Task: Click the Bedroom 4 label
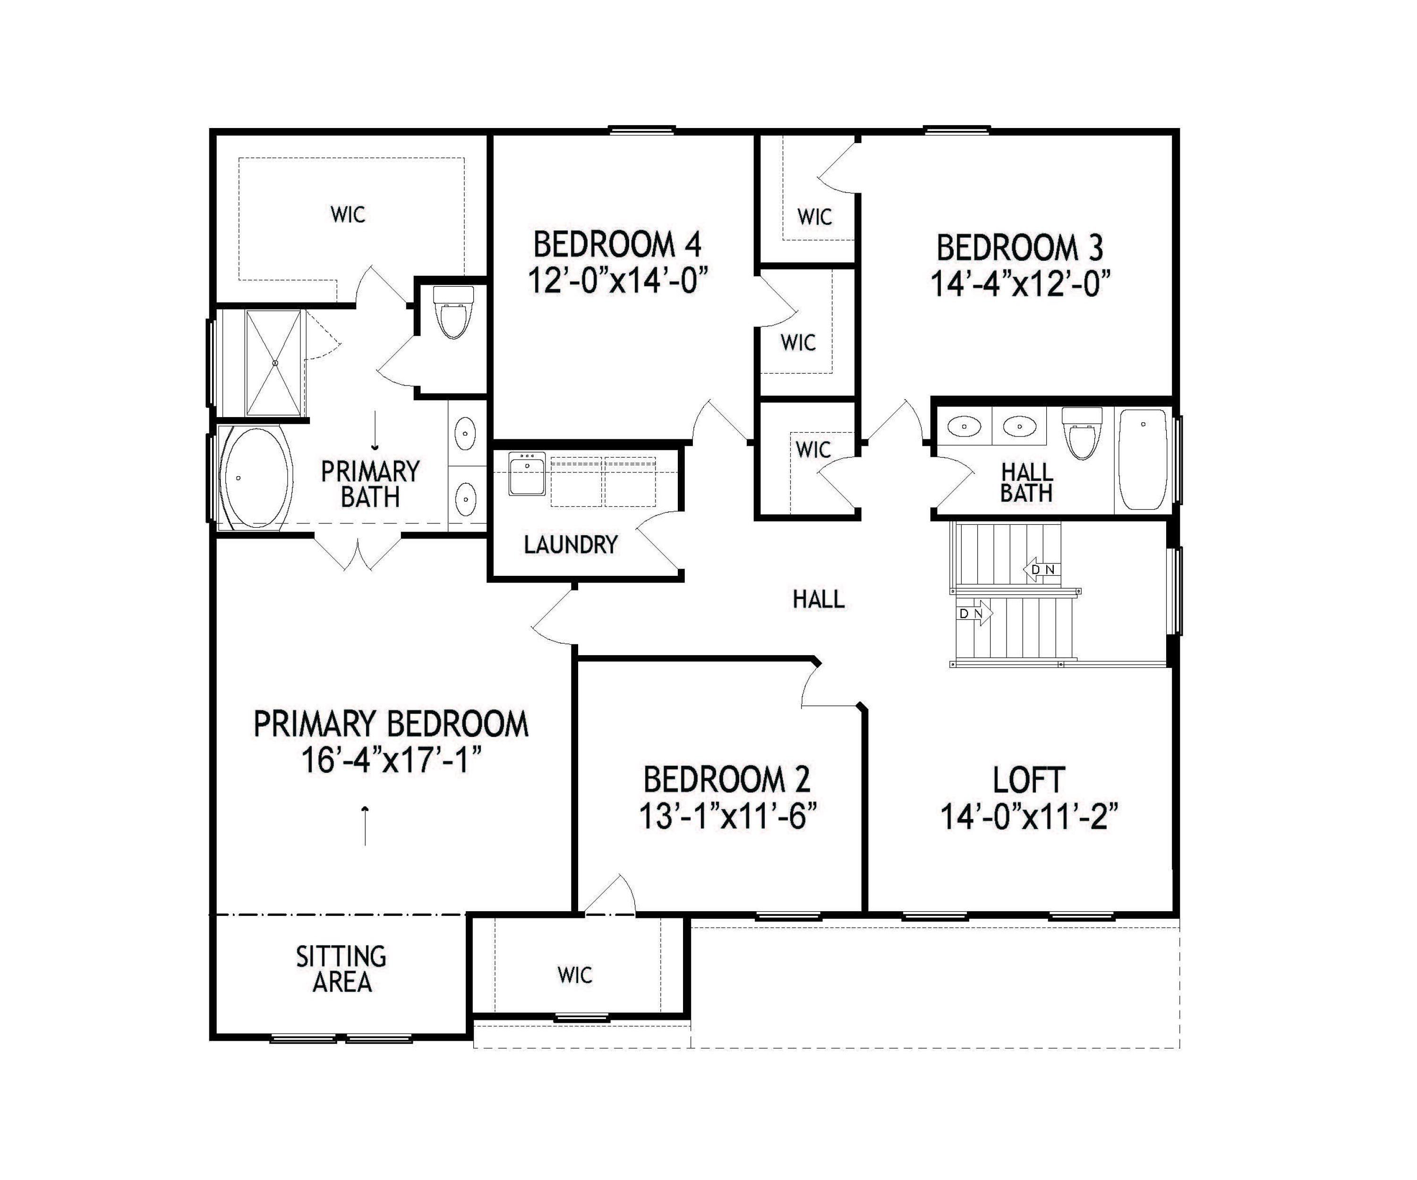(x=617, y=244)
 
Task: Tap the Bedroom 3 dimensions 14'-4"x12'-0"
(x=1020, y=284)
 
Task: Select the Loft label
(x=1028, y=780)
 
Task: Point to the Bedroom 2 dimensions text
(x=727, y=817)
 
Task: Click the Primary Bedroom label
(x=391, y=725)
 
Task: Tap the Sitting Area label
(x=341, y=969)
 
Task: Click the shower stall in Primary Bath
(x=273, y=363)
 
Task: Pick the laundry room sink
(x=526, y=474)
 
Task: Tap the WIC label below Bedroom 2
(x=575, y=975)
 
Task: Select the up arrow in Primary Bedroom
(x=365, y=824)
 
